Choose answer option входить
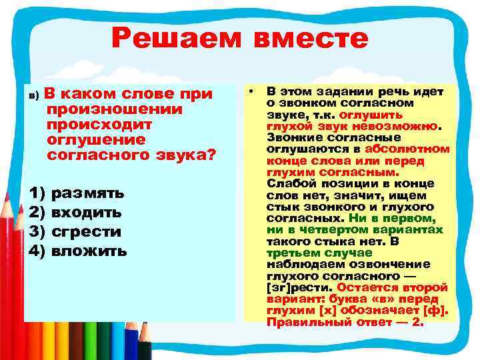87,213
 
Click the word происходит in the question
100,125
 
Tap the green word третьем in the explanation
291,253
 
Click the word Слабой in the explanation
287,184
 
